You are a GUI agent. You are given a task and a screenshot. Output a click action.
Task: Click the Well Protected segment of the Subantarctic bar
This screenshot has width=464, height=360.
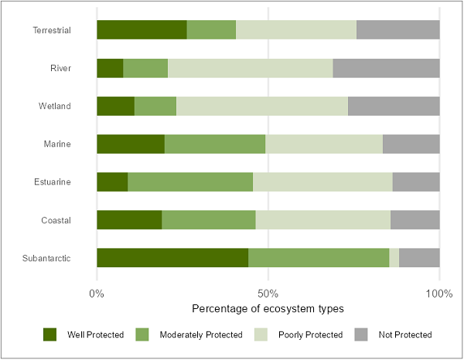click(172, 258)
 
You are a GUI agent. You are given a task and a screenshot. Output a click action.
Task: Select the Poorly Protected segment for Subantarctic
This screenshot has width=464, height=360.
click(394, 258)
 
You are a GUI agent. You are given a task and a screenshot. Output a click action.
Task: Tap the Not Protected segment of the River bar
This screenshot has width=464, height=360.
click(386, 68)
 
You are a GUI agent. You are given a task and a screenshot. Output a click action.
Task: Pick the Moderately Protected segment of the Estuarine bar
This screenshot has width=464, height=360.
click(190, 182)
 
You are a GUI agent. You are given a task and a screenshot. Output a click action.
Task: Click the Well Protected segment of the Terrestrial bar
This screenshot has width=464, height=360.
click(142, 30)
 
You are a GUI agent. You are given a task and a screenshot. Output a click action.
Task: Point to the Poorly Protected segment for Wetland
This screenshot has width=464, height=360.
click(262, 106)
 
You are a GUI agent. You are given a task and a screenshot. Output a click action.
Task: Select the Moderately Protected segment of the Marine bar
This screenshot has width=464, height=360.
click(215, 144)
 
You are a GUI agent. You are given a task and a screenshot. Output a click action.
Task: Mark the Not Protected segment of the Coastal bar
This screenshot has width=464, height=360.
click(415, 220)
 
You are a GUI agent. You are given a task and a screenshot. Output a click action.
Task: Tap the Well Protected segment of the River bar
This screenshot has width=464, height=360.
click(110, 68)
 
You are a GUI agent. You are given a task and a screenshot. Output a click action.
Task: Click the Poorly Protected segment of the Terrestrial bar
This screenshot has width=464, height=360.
click(296, 30)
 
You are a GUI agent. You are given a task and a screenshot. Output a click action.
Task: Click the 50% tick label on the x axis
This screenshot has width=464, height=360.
click(268, 294)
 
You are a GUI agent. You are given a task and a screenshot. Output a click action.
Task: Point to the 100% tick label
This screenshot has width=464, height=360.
click(439, 294)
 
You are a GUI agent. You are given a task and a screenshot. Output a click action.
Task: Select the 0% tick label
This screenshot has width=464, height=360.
click(97, 294)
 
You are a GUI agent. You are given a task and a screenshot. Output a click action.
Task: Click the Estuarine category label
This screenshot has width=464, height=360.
click(53, 182)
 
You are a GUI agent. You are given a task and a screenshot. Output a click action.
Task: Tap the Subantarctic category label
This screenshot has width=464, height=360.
click(48, 258)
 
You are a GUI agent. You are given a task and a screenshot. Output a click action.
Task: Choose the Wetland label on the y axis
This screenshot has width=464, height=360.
click(55, 106)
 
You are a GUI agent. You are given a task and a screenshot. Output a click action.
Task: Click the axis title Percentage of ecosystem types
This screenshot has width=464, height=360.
click(268, 308)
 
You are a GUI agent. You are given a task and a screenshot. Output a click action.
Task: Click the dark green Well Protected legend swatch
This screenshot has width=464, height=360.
click(50, 335)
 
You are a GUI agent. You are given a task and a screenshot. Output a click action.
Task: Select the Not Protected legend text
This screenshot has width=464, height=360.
click(405, 335)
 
